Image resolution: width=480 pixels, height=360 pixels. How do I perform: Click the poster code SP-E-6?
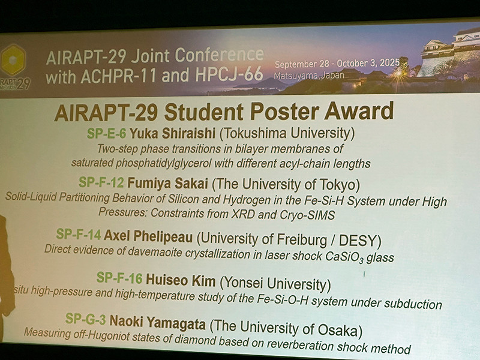point(106,133)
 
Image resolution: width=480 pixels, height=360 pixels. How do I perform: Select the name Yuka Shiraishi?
point(172,133)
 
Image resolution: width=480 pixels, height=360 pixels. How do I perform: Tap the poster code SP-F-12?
point(101,182)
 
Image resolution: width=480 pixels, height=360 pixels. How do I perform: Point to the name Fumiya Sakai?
point(167,184)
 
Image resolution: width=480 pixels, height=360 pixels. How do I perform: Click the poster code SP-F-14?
point(79,235)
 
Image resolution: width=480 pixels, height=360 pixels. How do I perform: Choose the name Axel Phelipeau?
point(148,236)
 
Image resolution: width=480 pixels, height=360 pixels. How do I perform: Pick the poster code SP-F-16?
point(119,278)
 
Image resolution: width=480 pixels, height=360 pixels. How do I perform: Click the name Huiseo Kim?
point(181,280)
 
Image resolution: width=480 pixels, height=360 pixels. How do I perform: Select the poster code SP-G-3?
point(86,319)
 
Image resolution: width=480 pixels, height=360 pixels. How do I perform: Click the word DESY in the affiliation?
point(357,241)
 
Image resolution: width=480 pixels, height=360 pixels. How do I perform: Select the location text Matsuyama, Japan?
point(309,76)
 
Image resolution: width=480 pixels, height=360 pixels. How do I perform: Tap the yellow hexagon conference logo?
point(13,59)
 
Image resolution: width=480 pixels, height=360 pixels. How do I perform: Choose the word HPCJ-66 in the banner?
point(229,74)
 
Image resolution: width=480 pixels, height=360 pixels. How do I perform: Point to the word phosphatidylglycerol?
point(163,163)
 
